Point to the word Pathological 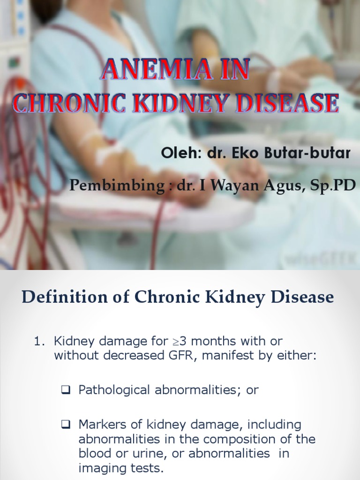tap(114, 390)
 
